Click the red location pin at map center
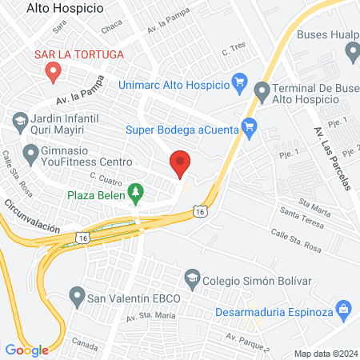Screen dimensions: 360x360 [181, 163]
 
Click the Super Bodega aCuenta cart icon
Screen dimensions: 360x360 [249, 126]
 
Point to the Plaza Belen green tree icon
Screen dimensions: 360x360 [136, 192]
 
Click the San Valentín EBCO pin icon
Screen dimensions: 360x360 [78, 298]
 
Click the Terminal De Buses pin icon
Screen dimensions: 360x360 [263, 91]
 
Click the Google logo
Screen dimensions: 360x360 [27, 350]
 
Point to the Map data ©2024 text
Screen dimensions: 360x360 [324, 353]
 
